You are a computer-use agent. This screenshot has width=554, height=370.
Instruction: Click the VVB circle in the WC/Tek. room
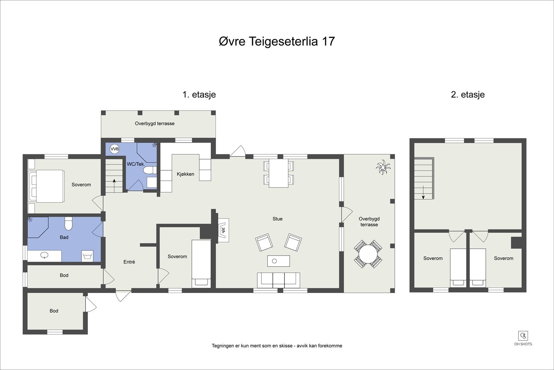115,149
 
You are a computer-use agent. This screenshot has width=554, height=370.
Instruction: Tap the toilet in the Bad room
68,224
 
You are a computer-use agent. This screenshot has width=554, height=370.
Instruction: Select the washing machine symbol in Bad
87,256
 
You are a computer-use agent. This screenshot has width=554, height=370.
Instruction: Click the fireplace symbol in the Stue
223,230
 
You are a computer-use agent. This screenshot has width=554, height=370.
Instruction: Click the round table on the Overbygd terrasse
368,254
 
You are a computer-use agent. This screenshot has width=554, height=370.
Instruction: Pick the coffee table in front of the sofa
278,261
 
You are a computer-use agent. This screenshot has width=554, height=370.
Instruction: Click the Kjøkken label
186,174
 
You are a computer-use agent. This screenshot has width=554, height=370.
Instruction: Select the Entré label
129,262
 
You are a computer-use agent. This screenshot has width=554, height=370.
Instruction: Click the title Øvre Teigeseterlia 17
277,41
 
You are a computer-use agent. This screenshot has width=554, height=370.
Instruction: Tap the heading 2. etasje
467,94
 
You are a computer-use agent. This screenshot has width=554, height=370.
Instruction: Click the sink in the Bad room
44,256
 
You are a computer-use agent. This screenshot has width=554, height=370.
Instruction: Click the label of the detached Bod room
54,311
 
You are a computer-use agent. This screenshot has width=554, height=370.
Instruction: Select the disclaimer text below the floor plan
277,346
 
